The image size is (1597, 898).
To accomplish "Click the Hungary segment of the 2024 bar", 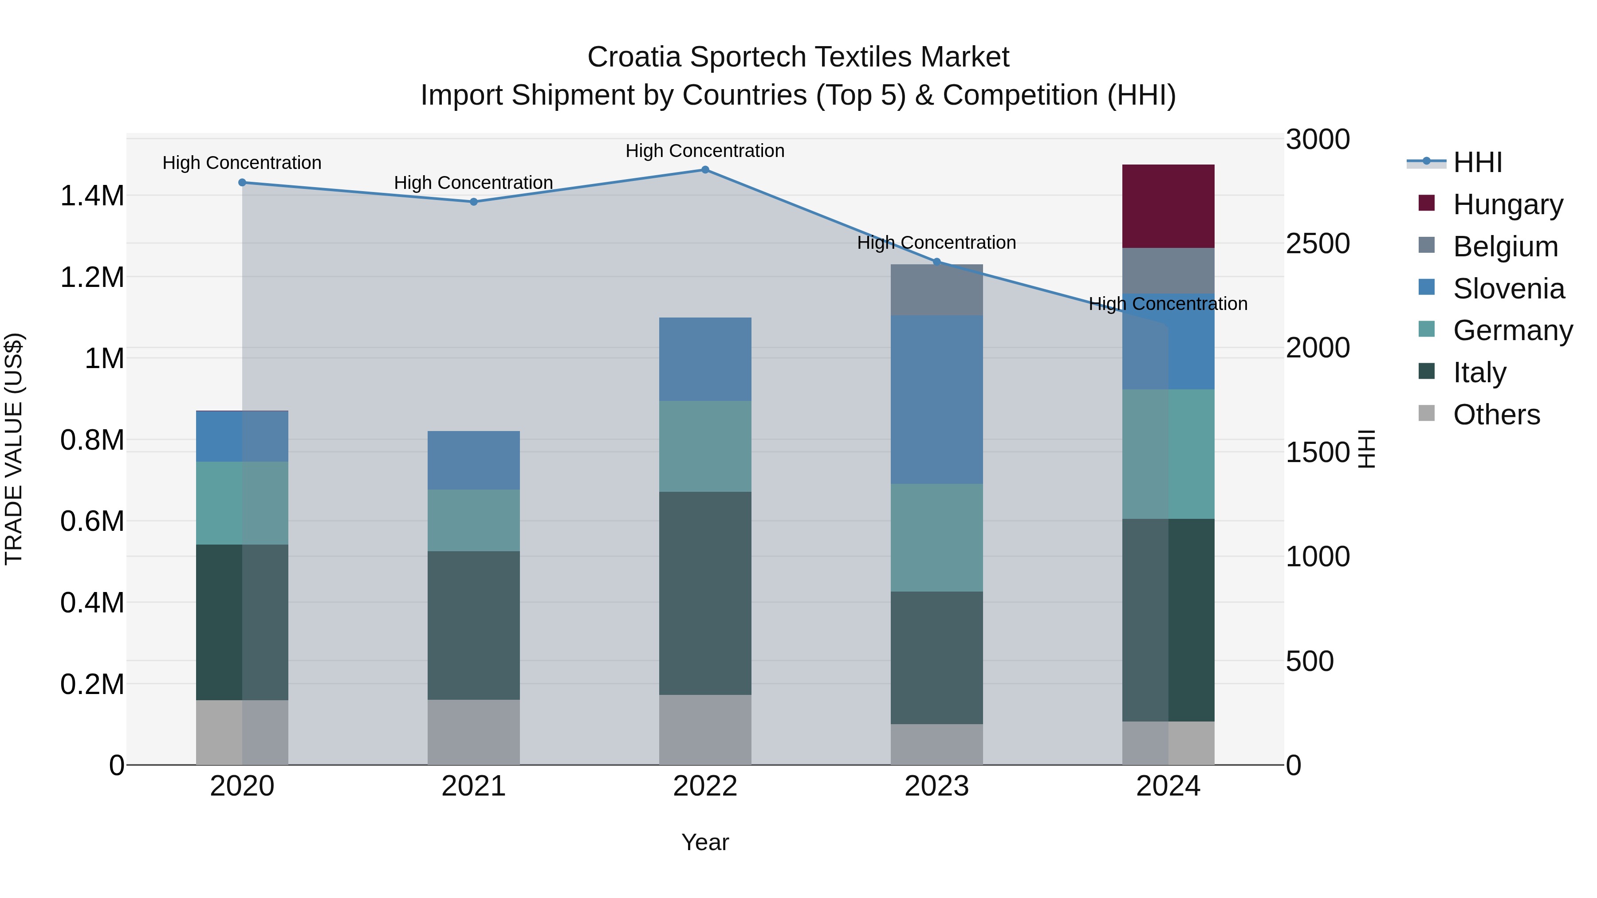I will click(1168, 206).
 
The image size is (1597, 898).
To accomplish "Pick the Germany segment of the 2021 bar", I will click(474, 520).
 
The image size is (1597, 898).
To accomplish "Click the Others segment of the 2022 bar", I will click(705, 729).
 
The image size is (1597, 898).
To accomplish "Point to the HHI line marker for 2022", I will click(705, 169).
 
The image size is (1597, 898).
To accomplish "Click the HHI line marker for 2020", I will click(242, 182).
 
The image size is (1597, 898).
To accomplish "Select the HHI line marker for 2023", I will click(937, 262).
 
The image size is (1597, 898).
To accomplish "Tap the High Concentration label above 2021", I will click(474, 183).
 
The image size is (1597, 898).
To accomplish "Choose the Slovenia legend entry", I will click(1508, 288).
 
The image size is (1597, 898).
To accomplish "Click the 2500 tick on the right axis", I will click(1318, 243).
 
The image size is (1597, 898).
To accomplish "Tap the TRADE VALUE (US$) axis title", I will click(14, 449).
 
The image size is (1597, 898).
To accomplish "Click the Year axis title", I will click(705, 842).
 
